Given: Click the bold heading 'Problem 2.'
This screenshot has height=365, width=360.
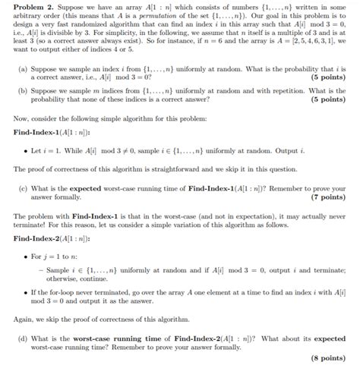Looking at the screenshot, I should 25,6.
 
